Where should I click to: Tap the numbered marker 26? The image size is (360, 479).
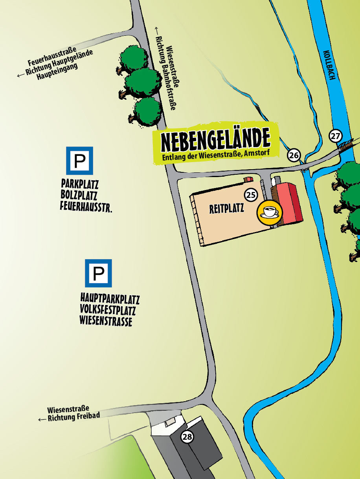click(294, 155)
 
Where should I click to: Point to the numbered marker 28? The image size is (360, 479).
click(187, 437)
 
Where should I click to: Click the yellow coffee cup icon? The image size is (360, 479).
click(269, 212)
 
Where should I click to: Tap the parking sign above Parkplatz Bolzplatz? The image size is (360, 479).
click(79, 161)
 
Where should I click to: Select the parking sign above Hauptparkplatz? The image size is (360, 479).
click(98, 273)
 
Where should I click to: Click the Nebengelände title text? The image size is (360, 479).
click(215, 140)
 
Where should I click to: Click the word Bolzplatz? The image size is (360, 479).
click(79, 195)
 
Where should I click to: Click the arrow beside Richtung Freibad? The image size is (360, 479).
click(42, 419)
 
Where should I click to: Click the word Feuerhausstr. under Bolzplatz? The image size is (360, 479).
click(86, 206)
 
